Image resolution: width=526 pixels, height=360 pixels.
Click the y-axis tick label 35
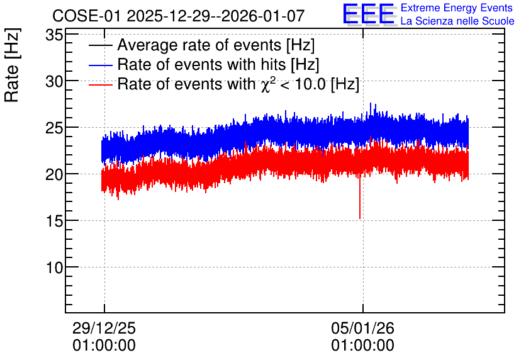[54, 35]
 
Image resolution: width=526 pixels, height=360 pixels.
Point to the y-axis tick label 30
[54, 82]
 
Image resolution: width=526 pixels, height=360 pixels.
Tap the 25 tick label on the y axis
[54, 128]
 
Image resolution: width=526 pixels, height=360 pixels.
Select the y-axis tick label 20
[54, 175]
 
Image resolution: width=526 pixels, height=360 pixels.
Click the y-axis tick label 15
[54, 221]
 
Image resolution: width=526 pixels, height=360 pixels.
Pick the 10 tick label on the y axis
[54, 267]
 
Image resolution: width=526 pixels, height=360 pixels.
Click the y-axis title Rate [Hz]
[12, 65]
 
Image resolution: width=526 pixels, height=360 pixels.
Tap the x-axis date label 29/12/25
[104, 328]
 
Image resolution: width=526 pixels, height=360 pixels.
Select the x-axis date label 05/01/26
[362, 328]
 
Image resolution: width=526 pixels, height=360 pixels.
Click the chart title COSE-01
[87, 16]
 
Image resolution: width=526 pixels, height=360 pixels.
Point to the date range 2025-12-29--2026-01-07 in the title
[215, 16]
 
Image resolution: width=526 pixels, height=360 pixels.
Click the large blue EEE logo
[369, 14]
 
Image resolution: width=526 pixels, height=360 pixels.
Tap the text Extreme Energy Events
[457, 8]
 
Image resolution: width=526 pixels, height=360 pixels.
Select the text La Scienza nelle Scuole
[457, 21]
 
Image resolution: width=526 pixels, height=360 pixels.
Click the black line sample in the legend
[100, 45]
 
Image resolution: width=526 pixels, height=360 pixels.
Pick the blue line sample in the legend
[100, 65]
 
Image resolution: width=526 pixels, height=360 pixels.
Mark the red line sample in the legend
[100, 84]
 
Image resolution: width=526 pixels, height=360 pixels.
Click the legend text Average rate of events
[200, 45]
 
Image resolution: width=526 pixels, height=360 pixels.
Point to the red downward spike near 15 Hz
[360, 198]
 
